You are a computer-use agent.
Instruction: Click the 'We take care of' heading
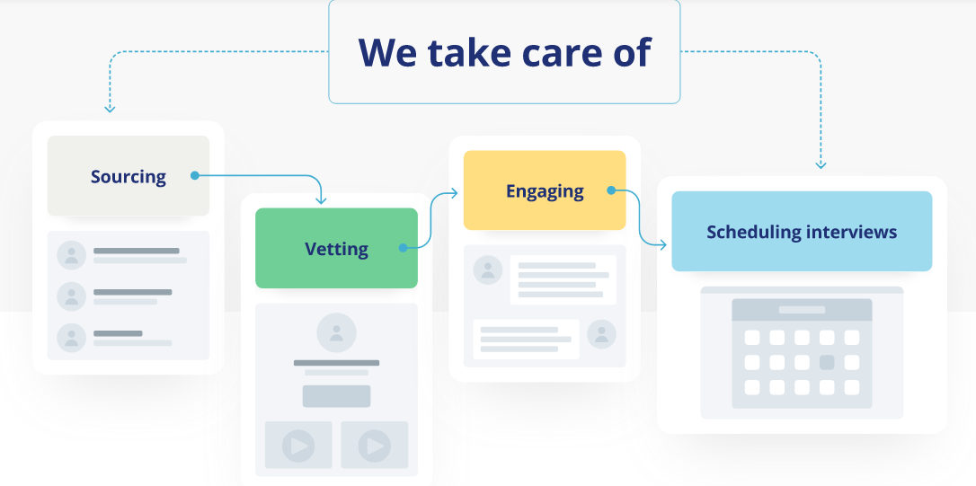pyautogui.click(x=504, y=52)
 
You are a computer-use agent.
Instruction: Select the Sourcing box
pyautogui.click(x=128, y=176)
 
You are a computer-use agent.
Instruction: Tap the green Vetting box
pyautogui.click(x=336, y=249)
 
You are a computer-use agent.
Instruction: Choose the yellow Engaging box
pyautogui.click(x=545, y=190)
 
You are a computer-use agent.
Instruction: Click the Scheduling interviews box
pyautogui.click(x=802, y=232)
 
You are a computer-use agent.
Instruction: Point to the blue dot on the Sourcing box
pyautogui.click(x=194, y=175)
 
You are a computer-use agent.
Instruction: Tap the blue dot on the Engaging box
pyautogui.click(x=611, y=190)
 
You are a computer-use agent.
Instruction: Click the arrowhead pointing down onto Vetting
pyautogui.click(x=322, y=200)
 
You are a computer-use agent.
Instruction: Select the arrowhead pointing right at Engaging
pyautogui.click(x=456, y=192)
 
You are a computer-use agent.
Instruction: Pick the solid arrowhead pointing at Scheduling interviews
pyautogui.click(x=663, y=243)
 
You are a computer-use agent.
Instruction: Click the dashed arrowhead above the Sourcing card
pyautogui.click(x=110, y=109)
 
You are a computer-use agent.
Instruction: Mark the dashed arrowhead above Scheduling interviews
pyautogui.click(x=821, y=165)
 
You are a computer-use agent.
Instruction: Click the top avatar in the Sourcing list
pyautogui.click(x=71, y=254)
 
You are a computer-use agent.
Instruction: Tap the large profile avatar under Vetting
pyautogui.click(x=336, y=332)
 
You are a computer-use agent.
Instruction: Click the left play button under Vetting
pyautogui.click(x=298, y=446)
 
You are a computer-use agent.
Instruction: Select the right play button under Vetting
pyautogui.click(x=374, y=446)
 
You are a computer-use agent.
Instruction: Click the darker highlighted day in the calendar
pyautogui.click(x=827, y=363)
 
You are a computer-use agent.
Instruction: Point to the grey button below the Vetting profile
pyautogui.click(x=336, y=396)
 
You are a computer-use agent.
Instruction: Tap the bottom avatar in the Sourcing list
pyautogui.click(x=71, y=338)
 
